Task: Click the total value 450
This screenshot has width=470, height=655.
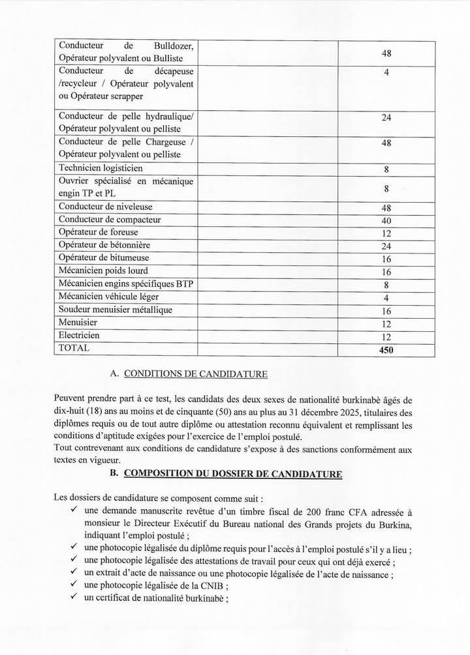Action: point(386,350)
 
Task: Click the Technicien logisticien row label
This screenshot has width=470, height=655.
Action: point(101,168)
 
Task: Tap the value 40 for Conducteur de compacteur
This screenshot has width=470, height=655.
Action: point(386,220)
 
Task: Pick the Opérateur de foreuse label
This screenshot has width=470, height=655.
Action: point(99,232)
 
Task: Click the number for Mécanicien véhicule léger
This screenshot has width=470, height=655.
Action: point(386,297)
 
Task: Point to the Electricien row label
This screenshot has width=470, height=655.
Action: point(80,335)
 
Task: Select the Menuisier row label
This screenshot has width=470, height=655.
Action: point(78,323)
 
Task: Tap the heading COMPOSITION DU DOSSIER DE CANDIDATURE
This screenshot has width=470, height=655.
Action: point(232,474)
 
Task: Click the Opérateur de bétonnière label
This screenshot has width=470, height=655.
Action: point(104,245)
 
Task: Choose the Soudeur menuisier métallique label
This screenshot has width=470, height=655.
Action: point(116,310)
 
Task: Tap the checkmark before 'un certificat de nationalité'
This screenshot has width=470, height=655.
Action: point(76,598)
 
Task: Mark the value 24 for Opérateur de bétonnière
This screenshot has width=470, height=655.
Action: point(386,246)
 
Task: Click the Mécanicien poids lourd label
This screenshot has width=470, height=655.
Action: point(103,270)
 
